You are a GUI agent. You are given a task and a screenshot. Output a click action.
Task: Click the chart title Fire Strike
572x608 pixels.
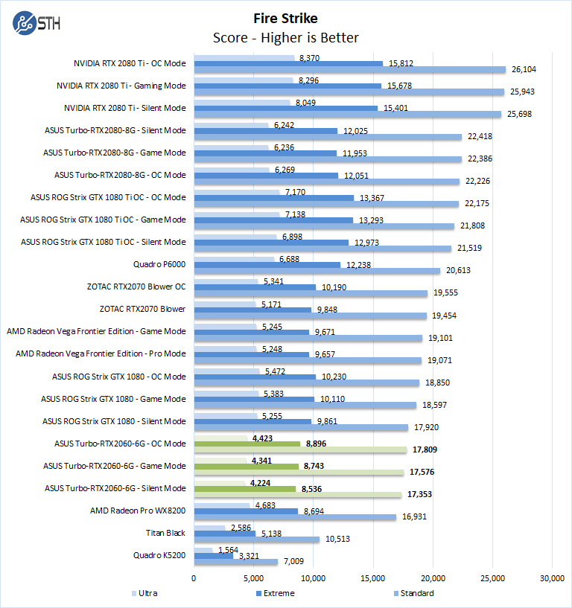point(285,18)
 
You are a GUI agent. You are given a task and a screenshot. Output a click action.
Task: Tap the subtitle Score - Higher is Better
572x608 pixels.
point(285,38)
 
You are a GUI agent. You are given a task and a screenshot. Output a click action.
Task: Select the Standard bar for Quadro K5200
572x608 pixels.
point(235,562)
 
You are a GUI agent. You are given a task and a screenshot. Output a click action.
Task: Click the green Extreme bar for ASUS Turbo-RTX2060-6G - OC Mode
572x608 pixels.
point(247,444)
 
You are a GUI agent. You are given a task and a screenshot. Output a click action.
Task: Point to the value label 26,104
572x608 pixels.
point(524,69)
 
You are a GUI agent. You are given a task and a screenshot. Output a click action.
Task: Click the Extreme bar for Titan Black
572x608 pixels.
point(224,533)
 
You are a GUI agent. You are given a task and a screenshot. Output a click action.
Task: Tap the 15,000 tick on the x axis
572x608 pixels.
point(372,577)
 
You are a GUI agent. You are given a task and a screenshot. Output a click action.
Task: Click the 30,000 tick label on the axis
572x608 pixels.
point(551,577)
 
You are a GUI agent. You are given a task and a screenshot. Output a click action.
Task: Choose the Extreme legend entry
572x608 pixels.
point(275,593)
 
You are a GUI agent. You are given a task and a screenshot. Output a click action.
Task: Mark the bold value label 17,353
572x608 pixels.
point(422,494)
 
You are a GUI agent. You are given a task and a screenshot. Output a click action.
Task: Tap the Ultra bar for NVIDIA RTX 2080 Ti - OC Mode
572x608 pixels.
point(244,57)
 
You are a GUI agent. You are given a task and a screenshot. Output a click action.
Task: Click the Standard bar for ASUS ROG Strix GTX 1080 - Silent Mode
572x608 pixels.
point(301,427)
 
